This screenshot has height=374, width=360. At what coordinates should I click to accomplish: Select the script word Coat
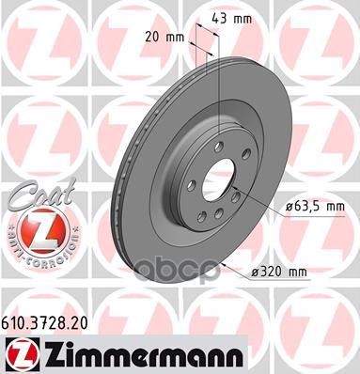click(35, 195)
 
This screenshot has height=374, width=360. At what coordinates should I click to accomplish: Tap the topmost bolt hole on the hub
click(217, 145)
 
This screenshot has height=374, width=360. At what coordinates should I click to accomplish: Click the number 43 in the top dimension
click(224, 19)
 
